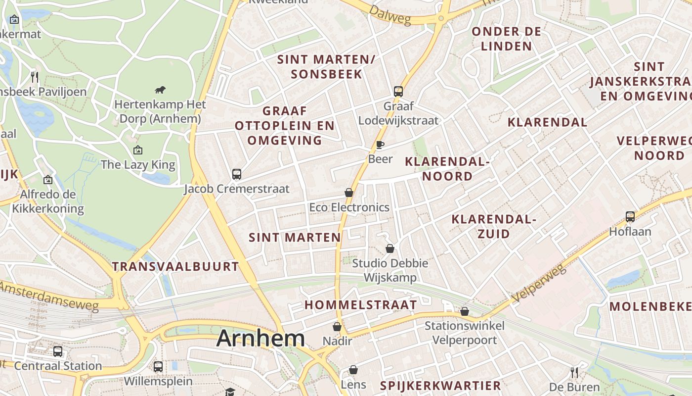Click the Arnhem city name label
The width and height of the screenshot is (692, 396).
(x=260, y=339)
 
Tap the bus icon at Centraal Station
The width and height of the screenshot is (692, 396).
(x=58, y=351)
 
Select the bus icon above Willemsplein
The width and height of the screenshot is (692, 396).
(x=158, y=366)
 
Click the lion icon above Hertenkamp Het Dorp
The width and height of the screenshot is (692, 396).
(x=160, y=90)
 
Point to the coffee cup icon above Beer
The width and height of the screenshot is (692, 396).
(x=380, y=145)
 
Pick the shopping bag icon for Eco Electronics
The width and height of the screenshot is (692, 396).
(x=349, y=193)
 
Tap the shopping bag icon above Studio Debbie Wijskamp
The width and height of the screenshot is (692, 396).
(x=390, y=248)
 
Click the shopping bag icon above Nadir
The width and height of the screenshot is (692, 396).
(x=337, y=327)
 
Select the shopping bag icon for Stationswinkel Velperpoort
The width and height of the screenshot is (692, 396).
(x=465, y=311)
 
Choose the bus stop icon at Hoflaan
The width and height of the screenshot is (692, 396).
(x=630, y=216)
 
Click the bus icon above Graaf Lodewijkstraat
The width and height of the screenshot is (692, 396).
(x=398, y=91)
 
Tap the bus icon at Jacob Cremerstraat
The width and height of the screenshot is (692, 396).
(x=237, y=174)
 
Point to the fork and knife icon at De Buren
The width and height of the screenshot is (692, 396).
(x=574, y=372)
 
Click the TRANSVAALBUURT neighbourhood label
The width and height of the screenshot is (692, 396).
(x=175, y=266)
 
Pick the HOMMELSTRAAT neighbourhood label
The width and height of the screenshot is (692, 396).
(x=361, y=305)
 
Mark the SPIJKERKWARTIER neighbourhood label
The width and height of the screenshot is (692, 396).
(x=440, y=386)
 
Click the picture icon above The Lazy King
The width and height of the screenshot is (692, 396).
(x=138, y=149)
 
